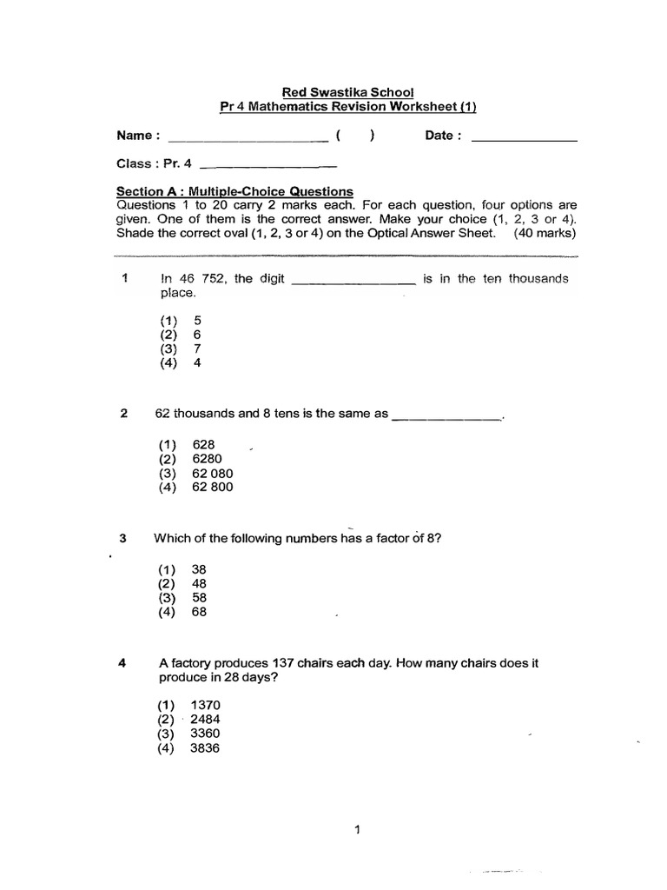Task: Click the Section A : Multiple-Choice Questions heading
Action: pos(234,191)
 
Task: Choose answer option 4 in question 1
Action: pos(197,363)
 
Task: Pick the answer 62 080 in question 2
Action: pos(213,473)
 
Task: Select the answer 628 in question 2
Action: pos(203,443)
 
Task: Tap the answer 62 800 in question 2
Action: pos(213,488)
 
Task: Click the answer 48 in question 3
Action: pos(199,583)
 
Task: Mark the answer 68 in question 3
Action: pos(199,612)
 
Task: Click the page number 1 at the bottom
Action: pos(356,830)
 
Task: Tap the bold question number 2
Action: pos(123,414)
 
